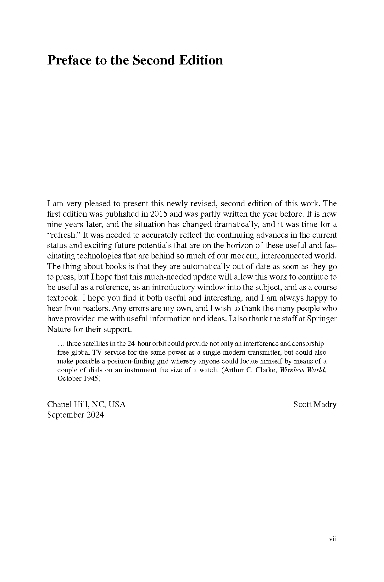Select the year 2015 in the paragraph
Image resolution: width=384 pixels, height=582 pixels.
(x=159, y=214)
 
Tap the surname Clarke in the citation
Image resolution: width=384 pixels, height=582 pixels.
(x=267, y=370)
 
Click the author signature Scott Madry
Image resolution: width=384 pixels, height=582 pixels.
(x=315, y=404)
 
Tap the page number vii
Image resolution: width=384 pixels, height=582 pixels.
(x=333, y=539)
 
